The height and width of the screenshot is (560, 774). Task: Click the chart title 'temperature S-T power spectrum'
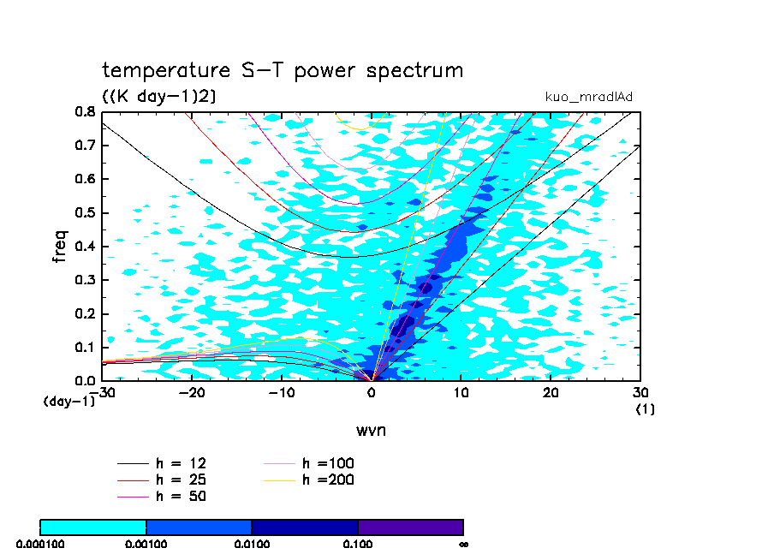283,70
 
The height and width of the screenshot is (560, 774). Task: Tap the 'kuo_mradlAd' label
589,97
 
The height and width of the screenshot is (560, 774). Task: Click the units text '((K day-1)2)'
158,97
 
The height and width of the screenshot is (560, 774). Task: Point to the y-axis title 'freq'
59,244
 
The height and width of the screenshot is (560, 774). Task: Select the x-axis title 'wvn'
372,430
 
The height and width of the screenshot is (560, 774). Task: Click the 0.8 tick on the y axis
85,112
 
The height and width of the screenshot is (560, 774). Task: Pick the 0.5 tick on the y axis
85,213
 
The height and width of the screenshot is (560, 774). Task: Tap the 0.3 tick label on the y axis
85,280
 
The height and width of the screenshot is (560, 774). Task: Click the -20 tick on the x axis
191,392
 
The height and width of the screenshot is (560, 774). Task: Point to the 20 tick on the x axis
551,392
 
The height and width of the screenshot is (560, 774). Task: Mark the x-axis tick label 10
461,392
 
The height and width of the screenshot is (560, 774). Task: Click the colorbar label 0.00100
146,544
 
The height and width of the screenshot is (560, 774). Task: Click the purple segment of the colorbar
410,527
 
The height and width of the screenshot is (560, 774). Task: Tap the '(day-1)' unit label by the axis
69,401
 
